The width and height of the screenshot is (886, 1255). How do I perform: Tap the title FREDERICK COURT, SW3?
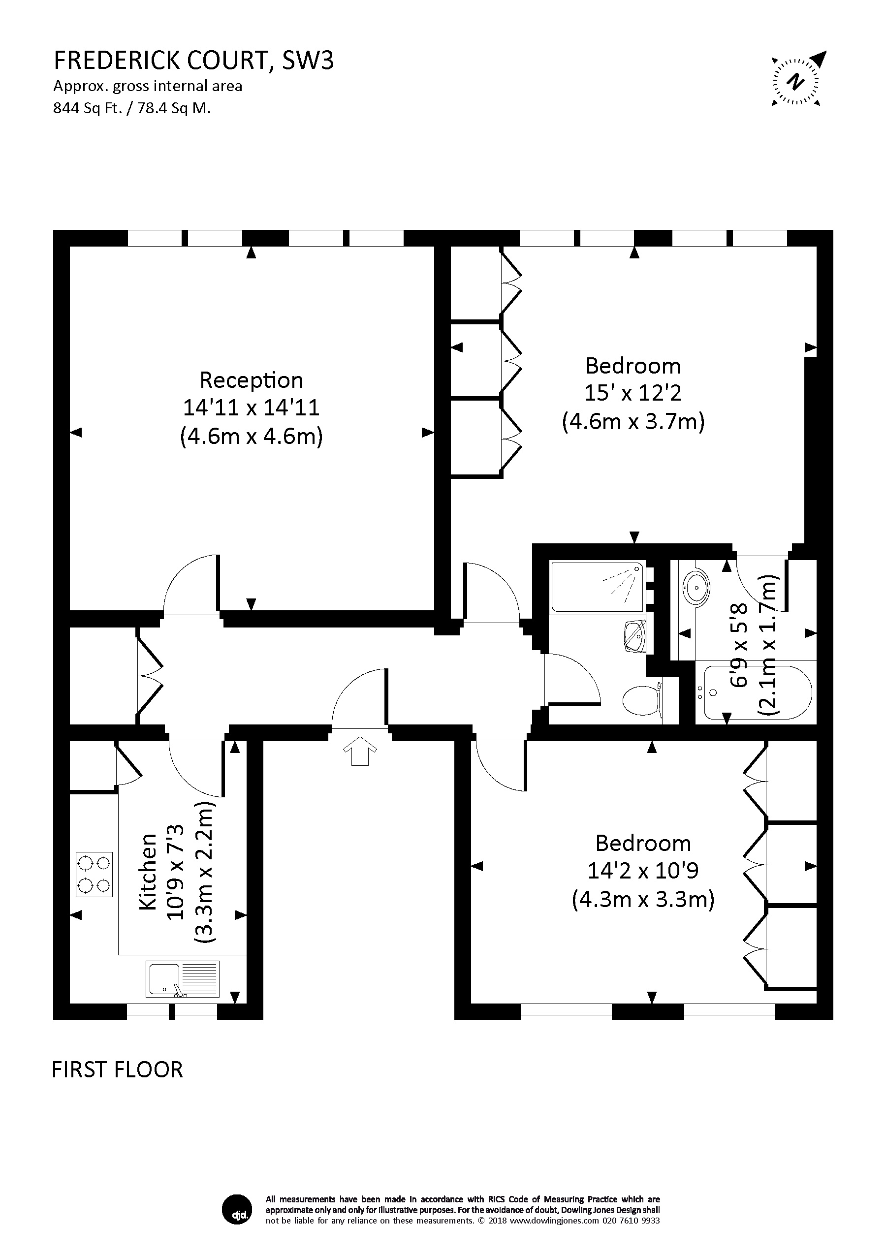[x=193, y=61]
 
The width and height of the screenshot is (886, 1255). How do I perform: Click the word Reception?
[x=252, y=380]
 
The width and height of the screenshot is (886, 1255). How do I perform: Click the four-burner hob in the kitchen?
[x=94, y=875]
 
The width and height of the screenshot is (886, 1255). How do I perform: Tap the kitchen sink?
[x=183, y=978]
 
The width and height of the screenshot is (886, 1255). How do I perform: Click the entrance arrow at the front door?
[x=360, y=751]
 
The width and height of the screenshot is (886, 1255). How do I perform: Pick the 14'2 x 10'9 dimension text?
[x=643, y=870]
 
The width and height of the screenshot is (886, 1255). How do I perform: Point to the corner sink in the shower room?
[x=635, y=636]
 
